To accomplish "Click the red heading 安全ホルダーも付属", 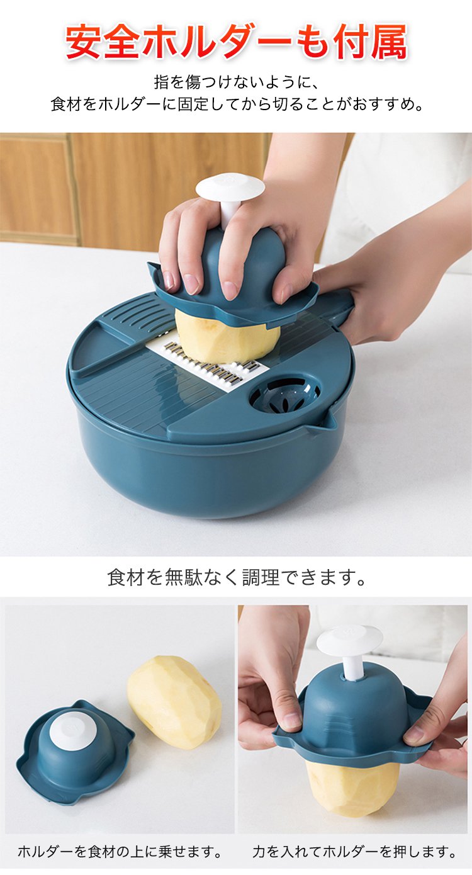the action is [x=236, y=41].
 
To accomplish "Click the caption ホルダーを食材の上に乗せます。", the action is [x=120, y=852].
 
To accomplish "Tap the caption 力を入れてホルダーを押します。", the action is [x=354, y=852].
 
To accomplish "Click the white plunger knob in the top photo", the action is [x=230, y=188].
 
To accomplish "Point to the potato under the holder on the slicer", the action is [x=227, y=337].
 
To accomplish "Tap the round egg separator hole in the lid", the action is [x=285, y=394].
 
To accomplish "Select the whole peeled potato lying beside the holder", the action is [x=174, y=702].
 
